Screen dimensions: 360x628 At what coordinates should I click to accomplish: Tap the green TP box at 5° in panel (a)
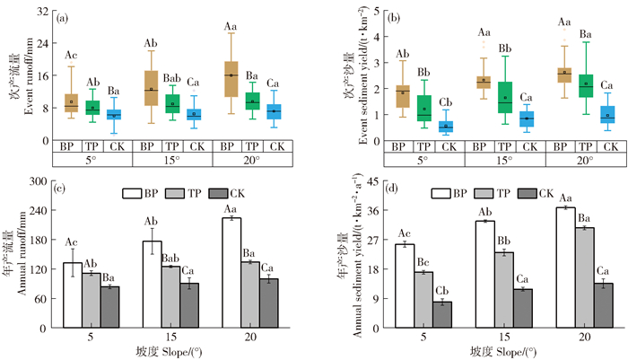[x=92, y=105]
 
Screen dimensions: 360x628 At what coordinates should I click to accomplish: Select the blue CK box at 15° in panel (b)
[x=528, y=118]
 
